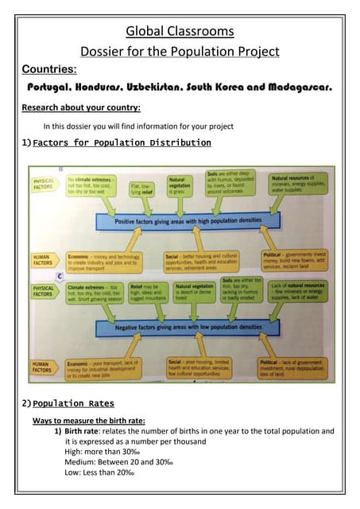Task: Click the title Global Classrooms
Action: pyautogui.click(x=180, y=32)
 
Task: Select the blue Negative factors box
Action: pyautogui.click(x=188, y=326)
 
